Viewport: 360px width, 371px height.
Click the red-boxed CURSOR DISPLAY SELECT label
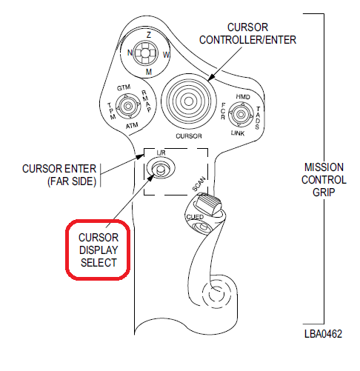point(99,250)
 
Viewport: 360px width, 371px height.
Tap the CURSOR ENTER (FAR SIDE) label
point(59,175)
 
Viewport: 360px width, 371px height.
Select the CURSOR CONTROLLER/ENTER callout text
point(247,33)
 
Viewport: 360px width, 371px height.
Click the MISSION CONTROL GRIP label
point(324,180)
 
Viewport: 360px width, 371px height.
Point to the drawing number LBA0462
point(323,334)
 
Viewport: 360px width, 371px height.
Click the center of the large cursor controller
point(189,101)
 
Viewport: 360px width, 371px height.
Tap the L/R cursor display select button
point(161,169)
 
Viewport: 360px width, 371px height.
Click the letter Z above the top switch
point(149,35)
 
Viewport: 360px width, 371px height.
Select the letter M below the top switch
point(149,72)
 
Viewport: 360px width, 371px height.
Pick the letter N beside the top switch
point(130,53)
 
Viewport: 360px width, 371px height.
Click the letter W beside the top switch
point(167,55)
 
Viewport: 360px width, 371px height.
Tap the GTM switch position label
point(124,87)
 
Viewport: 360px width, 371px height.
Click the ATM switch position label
point(132,126)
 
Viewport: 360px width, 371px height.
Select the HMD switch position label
point(243,97)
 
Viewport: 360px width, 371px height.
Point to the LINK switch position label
point(238,133)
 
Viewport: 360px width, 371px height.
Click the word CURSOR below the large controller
point(189,136)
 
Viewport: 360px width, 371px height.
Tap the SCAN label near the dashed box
point(199,184)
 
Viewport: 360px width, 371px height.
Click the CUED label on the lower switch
point(195,217)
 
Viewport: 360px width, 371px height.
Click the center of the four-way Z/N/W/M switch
point(145,53)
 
